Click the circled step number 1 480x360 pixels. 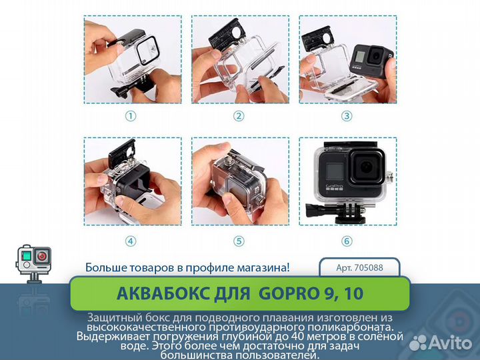click(x=131, y=116)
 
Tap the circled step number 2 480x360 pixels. click(x=239, y=116)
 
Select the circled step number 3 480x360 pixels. click(x=347, y=116)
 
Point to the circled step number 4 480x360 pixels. click(x=131, y=241)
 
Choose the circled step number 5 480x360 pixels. click(x=239, y=241)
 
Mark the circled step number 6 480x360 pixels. click(x=347, y=241)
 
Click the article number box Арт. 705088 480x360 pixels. click(x=360, y=268)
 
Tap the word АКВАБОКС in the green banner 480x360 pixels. click(x=159, y=293)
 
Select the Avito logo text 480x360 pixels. click(x=446, y=342)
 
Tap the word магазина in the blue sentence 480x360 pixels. click(x=261, y=268)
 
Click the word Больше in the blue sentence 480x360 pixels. click(x=105, y=268)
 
